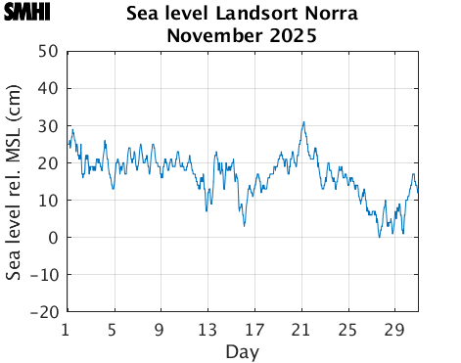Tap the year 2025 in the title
pos(291,37)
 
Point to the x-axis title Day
pos(242,350)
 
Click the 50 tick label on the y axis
pos(47,51)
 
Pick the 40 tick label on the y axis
pos(47,88)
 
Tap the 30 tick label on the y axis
pos(47,125)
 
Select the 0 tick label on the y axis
pos(52,238)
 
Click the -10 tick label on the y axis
pos(44,275)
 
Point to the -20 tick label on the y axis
pos(44,312)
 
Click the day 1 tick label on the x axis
pos(66,329)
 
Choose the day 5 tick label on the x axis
pos(113,329)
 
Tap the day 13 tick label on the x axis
pos(207,329)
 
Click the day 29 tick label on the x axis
pos(396,329)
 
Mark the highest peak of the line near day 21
pos(303,122)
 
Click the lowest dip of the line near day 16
pos(245,226)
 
